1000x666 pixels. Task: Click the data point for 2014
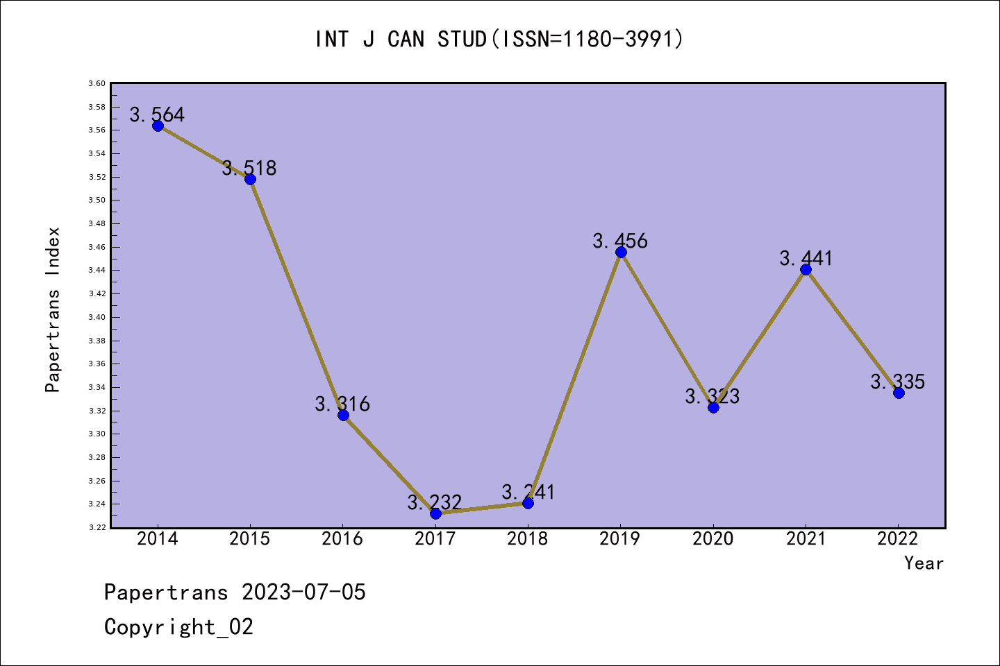click(158, 126)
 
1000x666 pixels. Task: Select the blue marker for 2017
click(435, 513)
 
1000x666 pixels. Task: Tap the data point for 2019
click(621, 252)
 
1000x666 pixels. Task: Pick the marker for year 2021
click(806, 269)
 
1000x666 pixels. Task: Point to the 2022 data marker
click(899, 393)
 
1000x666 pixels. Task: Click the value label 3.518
click(249, 168)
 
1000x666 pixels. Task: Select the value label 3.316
click(342, 404)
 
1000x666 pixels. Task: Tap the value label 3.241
click(528, 492)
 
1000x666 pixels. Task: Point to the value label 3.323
click(712, 396)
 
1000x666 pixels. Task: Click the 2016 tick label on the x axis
click(342, 538)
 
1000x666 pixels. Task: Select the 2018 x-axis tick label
click(528, 538)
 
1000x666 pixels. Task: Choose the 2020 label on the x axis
click(713, 538)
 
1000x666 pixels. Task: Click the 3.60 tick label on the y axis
click(97, 83)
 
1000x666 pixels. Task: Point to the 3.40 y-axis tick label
click(97, 317)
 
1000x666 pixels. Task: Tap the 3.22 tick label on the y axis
click(97, 527)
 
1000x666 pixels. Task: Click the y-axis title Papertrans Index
click(53, 309)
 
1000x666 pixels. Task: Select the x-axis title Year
click(924, 563)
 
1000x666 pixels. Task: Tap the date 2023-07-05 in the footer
click(303, 592)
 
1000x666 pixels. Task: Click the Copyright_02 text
click(178, 626)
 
